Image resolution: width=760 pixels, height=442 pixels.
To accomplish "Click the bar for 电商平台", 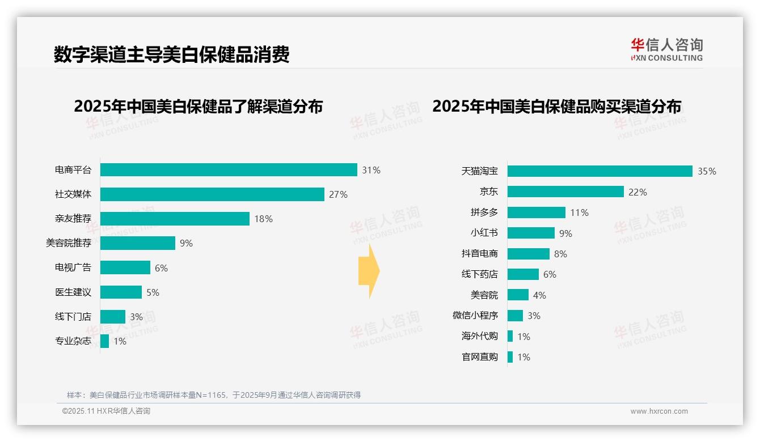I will [x=229, y=170].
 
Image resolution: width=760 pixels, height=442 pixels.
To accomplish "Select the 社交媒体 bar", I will [x=212, y=194].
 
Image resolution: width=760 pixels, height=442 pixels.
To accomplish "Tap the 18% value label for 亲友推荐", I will [x=263, y=219].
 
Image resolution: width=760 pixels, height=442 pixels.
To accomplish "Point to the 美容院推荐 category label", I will [x=68, y=243].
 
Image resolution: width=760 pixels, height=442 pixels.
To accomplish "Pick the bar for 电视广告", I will [x=125, y=267].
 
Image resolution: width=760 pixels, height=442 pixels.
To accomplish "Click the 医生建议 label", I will [x=73, y=292].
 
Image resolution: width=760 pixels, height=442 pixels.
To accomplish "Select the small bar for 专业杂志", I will [x=105, y=341].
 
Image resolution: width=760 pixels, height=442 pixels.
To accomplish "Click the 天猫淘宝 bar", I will [x=599, y=171].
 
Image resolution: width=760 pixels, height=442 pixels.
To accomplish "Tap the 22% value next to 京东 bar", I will [x=637, y=192].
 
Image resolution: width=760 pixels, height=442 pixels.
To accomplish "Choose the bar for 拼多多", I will [x=536, y=212].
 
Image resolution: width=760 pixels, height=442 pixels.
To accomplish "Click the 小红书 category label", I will [x=484, y=233].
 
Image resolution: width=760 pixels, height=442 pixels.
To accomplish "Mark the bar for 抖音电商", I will [x=528, y=254].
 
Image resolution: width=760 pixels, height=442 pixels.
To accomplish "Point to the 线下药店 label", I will [x=479, y=274].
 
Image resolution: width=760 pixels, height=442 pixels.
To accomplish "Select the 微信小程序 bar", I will [x=515, y=316].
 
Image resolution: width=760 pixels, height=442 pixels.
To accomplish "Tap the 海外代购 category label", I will [x=479, y=336].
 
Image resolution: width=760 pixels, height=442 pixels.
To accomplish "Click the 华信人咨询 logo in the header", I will [x=666, y=49].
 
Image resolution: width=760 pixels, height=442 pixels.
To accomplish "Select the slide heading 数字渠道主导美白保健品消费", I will [x=171, y=54].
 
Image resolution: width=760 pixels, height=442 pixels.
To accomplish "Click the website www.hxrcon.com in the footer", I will [x=659, y=411].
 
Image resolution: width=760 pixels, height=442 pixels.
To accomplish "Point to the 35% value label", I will [x=707, y=171].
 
